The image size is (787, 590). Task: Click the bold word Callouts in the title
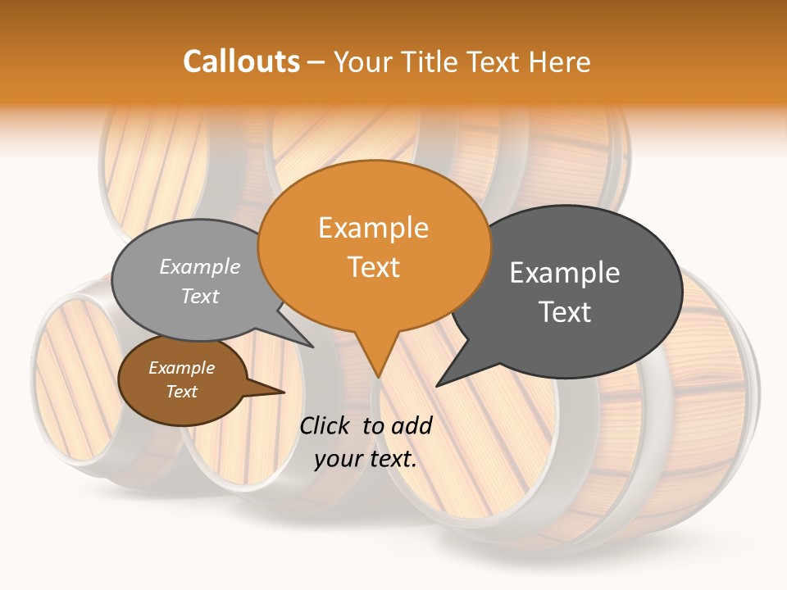tap(241, 61)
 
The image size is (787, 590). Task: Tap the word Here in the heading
tap(558, 61)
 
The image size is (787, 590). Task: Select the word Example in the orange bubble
tap(373, 228)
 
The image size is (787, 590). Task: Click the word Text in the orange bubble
tap(373, 267)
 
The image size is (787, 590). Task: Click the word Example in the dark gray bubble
tap(565, 273)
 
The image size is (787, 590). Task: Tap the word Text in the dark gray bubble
tap(565, 312)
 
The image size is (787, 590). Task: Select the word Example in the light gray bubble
tap(200, 266)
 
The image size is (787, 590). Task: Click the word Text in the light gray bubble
tap(200, 296)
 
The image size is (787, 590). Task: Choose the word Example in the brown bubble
tap(181, 368)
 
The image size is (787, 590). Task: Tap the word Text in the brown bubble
tap(181, 392)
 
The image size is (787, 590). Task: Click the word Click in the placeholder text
tap(326, 425)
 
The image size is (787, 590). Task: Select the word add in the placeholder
tap(412, 425)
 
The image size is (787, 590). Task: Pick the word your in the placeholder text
tap(338, 459)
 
